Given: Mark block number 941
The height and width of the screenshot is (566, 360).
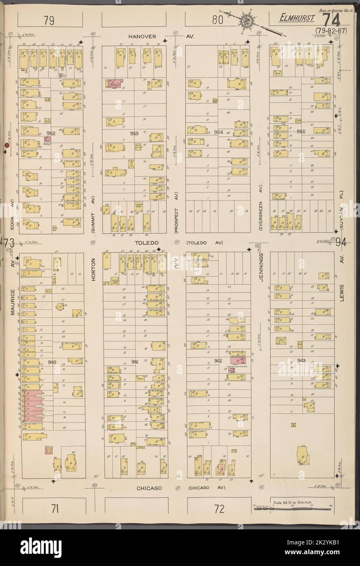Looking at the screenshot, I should pyautogui.click(x=136, y=362).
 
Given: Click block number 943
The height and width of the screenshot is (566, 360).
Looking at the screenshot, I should pyautogui.click(x=301, y=361).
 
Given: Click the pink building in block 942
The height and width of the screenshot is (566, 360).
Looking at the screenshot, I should pyautogui.click(x=237, y=360).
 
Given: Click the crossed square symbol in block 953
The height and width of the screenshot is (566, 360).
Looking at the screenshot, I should pyautogui.click(x=131, y=164).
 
